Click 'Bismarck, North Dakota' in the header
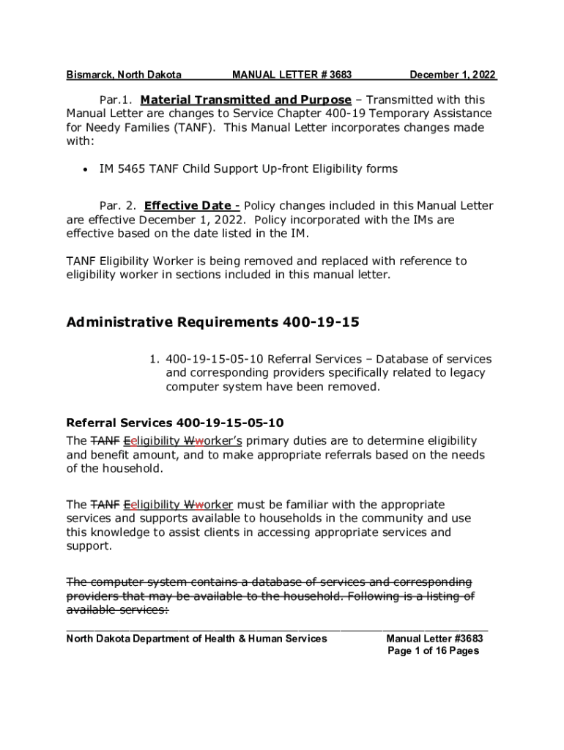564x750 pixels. (x=124, y=75)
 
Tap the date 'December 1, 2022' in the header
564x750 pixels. (x=453, y=75)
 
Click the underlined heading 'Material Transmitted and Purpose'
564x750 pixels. (x=245, y=100)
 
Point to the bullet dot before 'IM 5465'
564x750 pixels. (x=86, y=169)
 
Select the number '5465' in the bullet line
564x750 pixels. (x=131, y=169)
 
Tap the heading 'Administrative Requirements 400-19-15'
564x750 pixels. (x=212, y=322)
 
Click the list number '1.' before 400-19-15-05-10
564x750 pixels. (x=155, y=359)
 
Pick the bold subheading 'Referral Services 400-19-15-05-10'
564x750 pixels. (x=175, y=423)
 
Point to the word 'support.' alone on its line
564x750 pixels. (x=89, y=546)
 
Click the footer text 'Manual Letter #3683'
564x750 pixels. (x=434, y=639)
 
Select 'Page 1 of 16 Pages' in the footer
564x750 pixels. (x=433, y=651)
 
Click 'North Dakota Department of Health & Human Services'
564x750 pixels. (x=196, y=639)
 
